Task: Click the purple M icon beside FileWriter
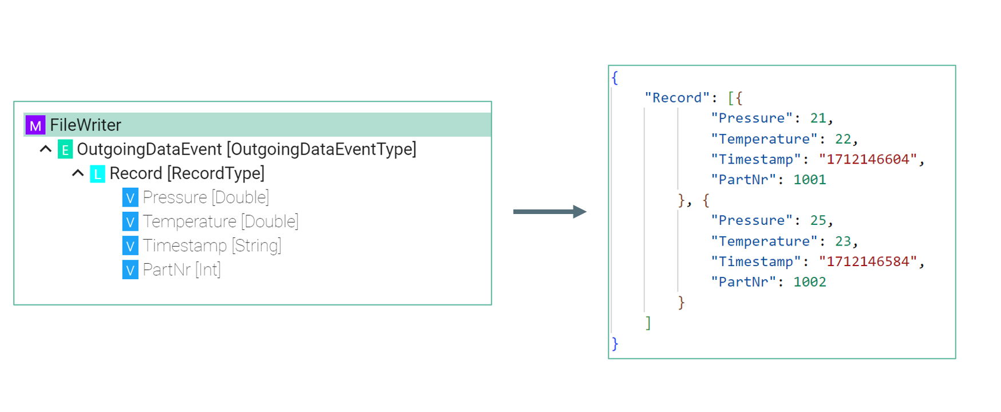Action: [35, 125]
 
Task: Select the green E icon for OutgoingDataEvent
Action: [65, 149]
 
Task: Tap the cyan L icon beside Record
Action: [98, 174]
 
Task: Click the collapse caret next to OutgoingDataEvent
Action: [46, 149]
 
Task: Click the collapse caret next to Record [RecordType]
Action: [78, 173]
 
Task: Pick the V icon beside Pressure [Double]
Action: [130, 198]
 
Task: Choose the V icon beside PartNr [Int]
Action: [130, 270]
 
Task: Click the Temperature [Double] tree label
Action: [220, 221]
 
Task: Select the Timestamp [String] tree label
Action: [212, 245]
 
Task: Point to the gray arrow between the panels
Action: [549, 212]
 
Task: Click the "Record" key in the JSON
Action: [677, 98]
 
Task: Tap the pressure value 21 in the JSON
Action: [818, 118]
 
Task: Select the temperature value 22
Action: [842, 139]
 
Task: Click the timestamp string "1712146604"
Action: [868, 160]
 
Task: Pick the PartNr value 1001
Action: [809, 180]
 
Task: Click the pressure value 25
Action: [818, 221]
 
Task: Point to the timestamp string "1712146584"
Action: [868, 262]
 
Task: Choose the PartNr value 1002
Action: [809, 282]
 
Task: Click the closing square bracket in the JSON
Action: [648, 323]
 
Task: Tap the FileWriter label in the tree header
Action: [85, 125]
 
